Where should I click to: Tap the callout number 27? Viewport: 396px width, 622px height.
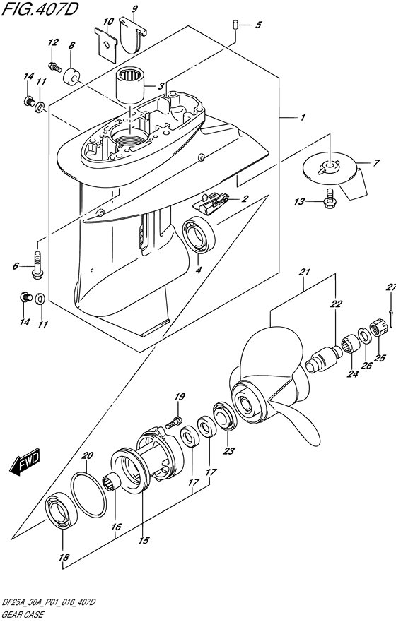click(391, 287)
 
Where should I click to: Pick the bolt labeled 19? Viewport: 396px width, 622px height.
click(174, 421)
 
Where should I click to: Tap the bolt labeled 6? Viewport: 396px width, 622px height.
click(37, 265)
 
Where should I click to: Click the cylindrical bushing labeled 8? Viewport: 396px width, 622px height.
click(71, 76)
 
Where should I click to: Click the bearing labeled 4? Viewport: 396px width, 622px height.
click(199, 235)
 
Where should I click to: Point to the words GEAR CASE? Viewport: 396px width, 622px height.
click(23, 614)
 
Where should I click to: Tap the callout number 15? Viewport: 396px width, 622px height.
click(144, 540)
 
